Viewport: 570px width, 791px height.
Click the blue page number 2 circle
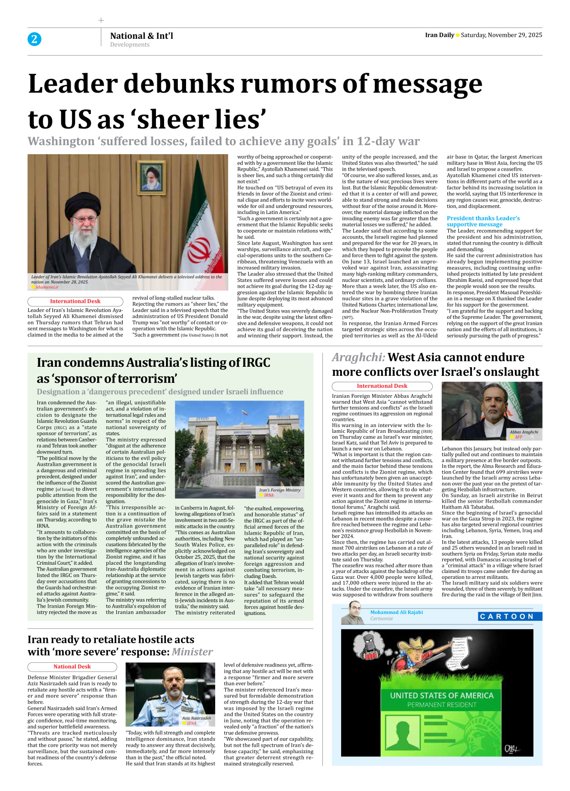point(34,39)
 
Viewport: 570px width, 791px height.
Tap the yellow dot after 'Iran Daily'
point(457,35)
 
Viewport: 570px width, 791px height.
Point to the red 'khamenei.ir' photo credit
point(47,287)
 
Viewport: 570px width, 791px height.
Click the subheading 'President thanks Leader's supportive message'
point(483,221)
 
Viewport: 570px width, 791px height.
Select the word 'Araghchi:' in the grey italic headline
point(358,357)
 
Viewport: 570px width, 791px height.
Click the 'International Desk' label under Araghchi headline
point(382,386)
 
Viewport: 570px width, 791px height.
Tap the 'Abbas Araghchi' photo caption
point(523,432)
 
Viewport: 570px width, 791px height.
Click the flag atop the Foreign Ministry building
point(244,412)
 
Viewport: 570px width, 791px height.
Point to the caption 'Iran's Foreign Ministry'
point(280,490)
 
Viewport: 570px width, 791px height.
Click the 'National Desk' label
point(72,666)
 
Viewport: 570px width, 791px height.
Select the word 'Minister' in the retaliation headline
point(192,652)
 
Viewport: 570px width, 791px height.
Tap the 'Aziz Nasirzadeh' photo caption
point(197,718)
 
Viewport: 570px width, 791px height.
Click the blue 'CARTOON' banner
point(510,616)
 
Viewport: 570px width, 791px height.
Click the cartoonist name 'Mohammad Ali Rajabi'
point(396,612)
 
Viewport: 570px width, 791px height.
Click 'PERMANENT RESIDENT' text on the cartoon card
point(441,705)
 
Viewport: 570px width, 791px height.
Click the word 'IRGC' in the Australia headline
point(255,363)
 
